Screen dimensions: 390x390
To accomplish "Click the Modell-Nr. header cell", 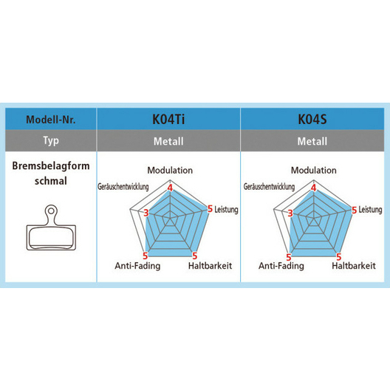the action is coord(51,120).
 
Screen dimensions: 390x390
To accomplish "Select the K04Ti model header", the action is coord(168,119).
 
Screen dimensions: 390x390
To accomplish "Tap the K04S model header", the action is coord(312,119).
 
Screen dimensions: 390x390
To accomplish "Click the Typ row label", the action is coord(51,141).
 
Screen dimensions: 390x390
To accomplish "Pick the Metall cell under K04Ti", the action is coord(168,141).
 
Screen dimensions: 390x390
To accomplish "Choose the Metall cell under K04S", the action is coord(312,141).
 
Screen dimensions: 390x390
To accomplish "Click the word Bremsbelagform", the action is coord(51,166).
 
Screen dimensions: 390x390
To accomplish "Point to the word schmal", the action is coord(51,181).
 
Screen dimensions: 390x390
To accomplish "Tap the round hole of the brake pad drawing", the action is coord(51,211).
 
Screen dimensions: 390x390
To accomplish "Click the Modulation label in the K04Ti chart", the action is coord(170,171).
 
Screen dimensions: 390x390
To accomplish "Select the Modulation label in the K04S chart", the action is coord(314,171).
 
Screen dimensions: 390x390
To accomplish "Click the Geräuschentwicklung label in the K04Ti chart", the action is coord(123,187).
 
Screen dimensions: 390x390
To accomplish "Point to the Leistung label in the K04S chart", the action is coord(370,210).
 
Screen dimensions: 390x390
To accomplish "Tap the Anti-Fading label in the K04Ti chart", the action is coord(137,266).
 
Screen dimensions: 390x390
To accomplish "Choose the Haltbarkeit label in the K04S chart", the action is coord(354,266).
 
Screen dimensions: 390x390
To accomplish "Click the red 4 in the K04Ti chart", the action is coord(170,188).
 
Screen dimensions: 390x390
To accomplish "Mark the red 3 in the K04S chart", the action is coord(290,213).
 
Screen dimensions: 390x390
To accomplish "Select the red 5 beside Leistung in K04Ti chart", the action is coord(211,209).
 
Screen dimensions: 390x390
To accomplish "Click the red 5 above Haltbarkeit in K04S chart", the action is coord(338,257).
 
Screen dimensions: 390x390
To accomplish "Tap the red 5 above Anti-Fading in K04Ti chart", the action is coord(146,256).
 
